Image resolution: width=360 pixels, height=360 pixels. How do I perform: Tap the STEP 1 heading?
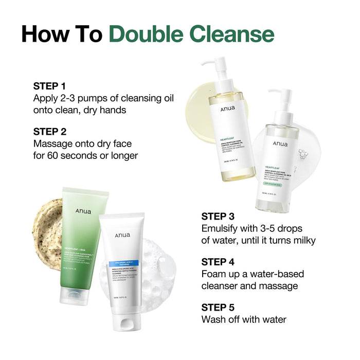[50, 85]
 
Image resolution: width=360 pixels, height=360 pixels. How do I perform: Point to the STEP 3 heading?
[219, 216]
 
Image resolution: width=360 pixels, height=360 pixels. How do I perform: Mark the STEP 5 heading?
[219, 307]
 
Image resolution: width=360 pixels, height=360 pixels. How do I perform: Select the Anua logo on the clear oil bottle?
[281, 144]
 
